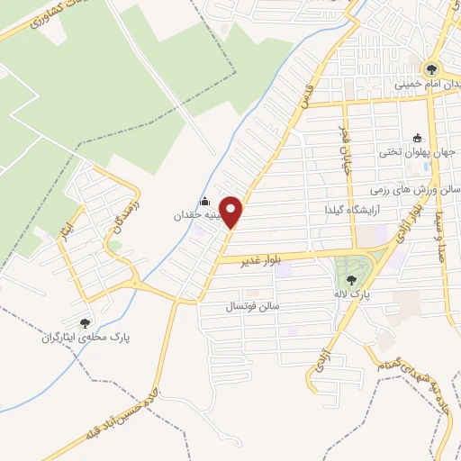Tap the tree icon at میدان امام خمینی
click(x=431, y=68)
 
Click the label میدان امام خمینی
click(x=420, y=84)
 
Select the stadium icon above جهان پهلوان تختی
click(x=417, y=138)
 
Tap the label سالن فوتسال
click(x=254, y=306)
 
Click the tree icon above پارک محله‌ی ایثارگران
click(x=85, y=322)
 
